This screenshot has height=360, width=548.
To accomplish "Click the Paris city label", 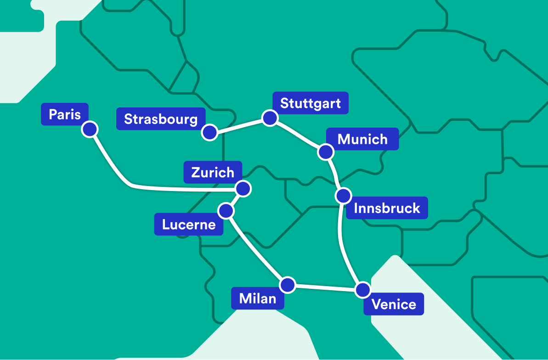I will [65, 114].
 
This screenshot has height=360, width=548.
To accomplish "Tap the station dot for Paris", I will [90, 129].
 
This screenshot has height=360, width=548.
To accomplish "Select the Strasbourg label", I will [161, 119].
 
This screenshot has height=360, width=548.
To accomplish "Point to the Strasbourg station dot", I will [209, 132].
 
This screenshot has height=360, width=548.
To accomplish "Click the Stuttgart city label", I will [311, 103].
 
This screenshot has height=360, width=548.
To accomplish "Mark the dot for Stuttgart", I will [270, 118].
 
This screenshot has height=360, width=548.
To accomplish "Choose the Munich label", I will [362, 139].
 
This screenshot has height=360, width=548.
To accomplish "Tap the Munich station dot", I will [326, 152].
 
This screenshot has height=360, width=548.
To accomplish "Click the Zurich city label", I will [213, 172].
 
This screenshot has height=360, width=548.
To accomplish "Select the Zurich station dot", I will [243, 188].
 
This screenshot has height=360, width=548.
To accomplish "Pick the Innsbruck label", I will [387, 208].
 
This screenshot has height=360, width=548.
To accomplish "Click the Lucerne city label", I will [189, 225].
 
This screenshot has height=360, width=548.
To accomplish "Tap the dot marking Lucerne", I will [226, 211].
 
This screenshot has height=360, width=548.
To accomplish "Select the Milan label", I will [258, 298].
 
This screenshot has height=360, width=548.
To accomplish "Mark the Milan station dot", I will [288, 285].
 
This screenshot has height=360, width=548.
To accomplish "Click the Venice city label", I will [394, 304].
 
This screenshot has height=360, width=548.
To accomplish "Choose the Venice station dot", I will [363, 290].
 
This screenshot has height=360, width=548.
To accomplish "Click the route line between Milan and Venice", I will [325, 287].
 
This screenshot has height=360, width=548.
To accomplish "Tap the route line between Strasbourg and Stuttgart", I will [240, 125].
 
